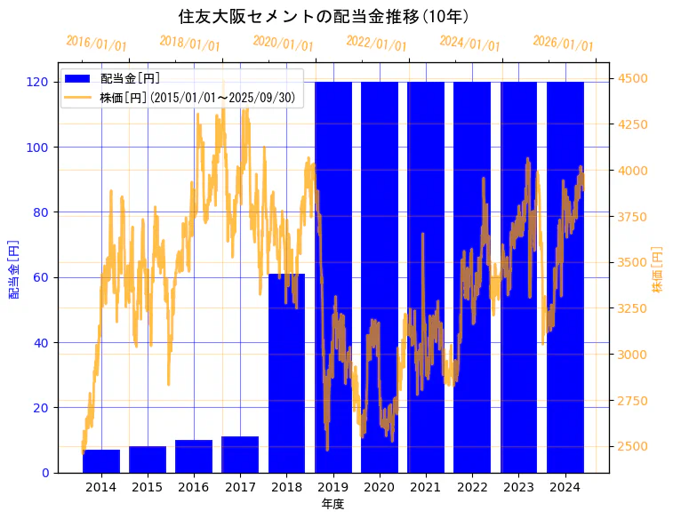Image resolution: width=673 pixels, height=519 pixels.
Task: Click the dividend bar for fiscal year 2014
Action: point(101,461)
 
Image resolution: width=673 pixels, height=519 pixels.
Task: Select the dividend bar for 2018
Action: point(286,373)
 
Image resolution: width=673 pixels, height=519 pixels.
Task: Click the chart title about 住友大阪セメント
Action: point(324,17)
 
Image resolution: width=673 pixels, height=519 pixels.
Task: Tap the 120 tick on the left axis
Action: point(37,82)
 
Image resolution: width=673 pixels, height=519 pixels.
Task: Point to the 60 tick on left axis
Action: point(41,277)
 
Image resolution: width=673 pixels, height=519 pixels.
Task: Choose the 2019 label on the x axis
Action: point(332,487)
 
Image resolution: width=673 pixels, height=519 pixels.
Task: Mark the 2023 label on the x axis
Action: point(518,487)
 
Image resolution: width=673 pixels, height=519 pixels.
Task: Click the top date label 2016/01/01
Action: point(97,44)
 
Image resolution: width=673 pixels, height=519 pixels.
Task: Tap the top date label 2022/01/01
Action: point(376,44)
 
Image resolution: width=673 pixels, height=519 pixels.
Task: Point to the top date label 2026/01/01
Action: point(563,44)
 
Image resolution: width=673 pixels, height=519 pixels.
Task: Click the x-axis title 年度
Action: point(332,504)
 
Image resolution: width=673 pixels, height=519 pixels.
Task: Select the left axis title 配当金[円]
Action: point(13,268)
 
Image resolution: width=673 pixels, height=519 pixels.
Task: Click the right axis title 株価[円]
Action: point(658,269)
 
